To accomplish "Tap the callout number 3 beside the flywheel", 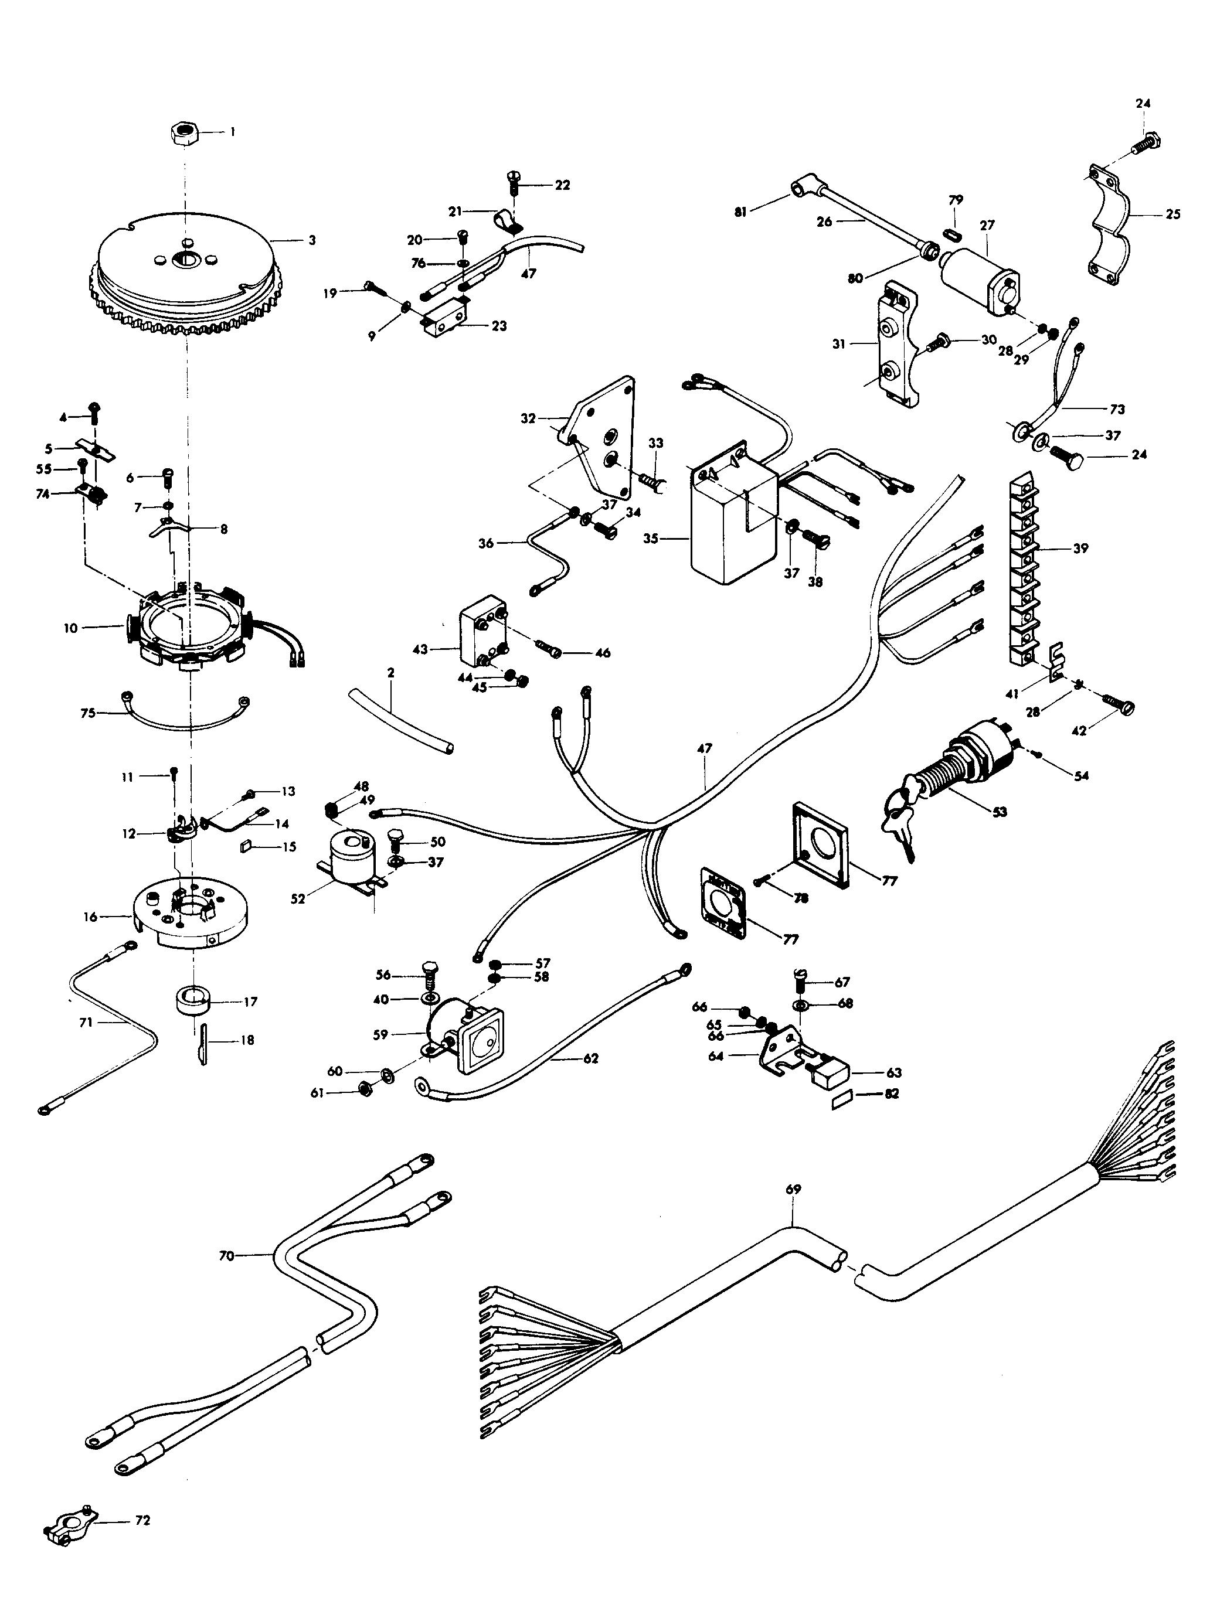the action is [312, 240].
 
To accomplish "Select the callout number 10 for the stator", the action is [70, 628].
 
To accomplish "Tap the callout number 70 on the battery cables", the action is [226, 1256].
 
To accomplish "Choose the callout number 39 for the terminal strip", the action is [1080, 548].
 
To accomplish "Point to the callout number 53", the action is [1000, 811].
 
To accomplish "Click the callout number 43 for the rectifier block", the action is [420, 649].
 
